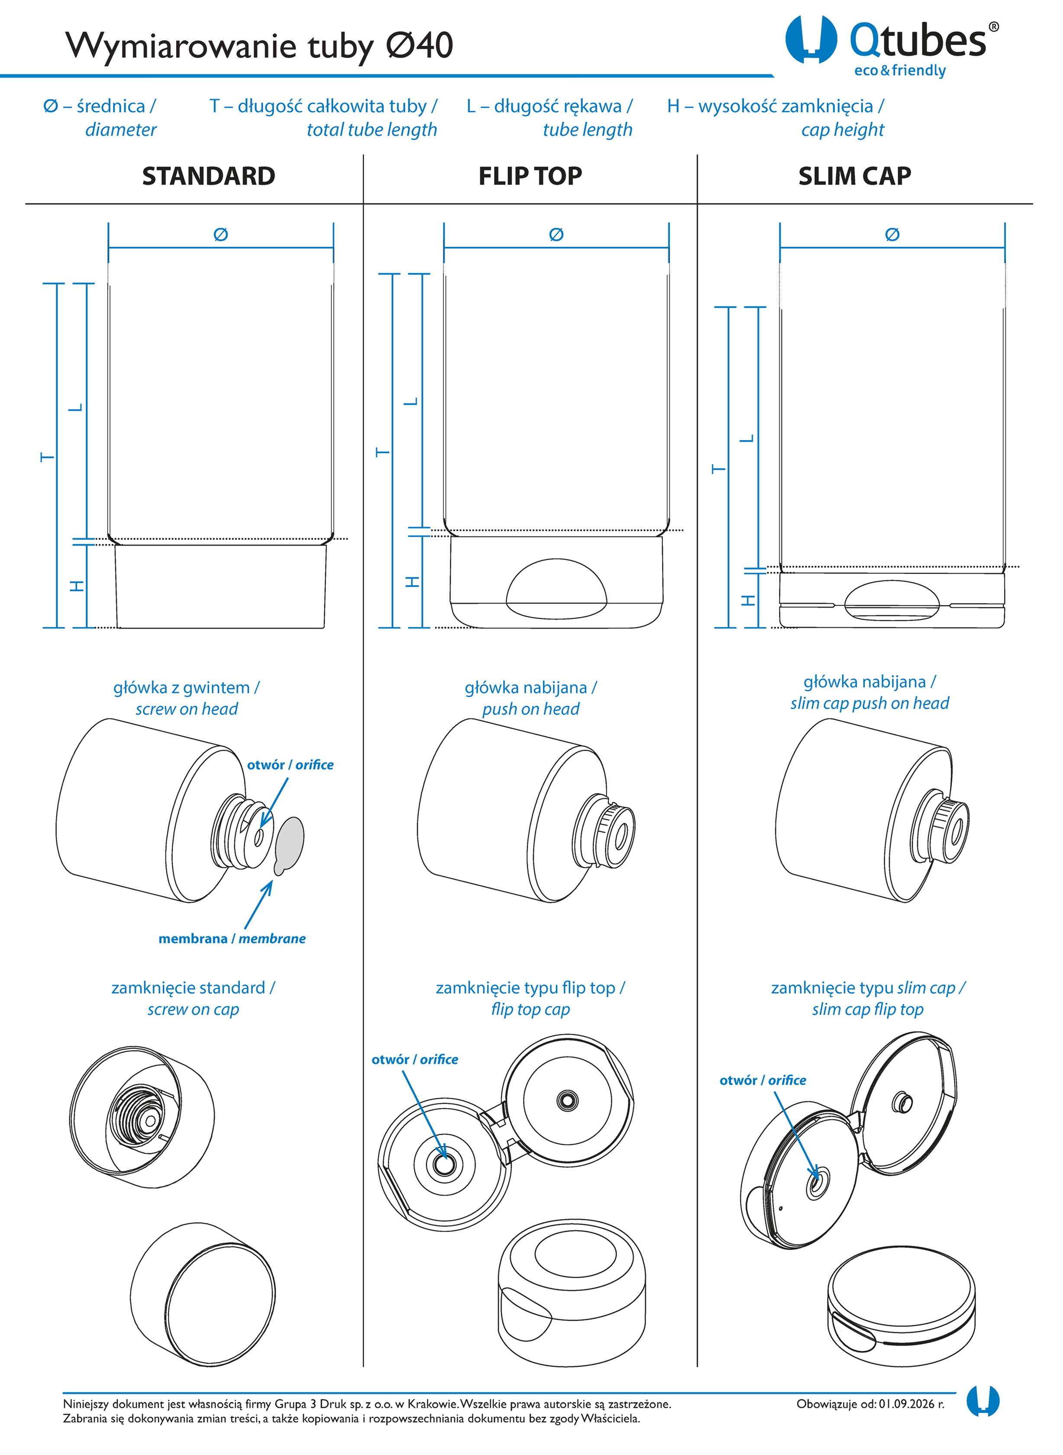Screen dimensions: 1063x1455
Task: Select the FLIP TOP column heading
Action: point(530,176)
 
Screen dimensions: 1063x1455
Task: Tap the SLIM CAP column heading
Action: point(855,176)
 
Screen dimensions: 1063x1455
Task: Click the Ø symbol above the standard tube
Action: point(221,235)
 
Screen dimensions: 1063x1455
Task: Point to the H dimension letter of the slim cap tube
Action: point(748,600)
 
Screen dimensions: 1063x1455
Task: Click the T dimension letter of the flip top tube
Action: point(383,452)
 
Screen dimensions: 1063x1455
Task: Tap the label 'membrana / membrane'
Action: point(232,939)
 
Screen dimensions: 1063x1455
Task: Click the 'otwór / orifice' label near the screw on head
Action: point(290,765)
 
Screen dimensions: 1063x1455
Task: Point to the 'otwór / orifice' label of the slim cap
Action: point(763,1080)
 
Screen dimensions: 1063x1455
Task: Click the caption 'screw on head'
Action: point(187,709)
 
